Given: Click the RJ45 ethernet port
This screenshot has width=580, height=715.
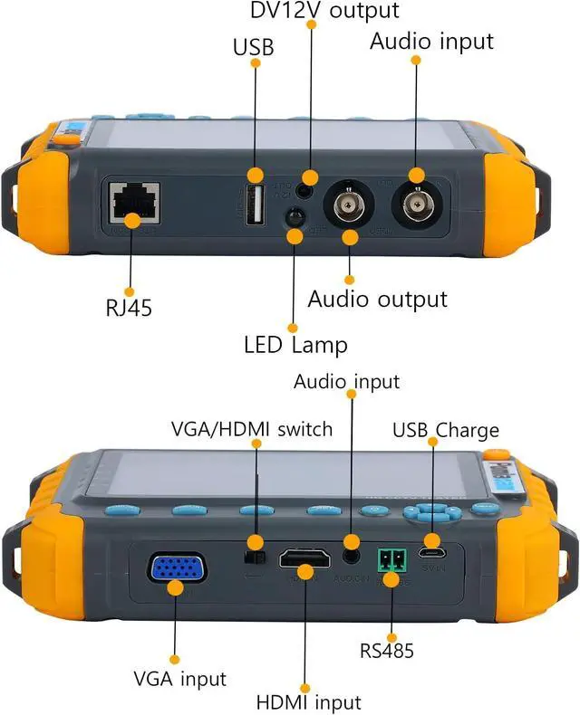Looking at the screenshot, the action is click(134, 203).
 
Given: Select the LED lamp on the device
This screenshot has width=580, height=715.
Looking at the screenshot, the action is click(295, 217).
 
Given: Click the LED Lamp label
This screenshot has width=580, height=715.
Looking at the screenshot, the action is click(295, 345).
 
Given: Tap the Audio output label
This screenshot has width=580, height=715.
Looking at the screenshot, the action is click(377, 299).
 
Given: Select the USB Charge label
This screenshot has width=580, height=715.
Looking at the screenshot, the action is click(445, 429).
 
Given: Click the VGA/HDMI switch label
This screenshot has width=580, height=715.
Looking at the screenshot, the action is click(252, 428).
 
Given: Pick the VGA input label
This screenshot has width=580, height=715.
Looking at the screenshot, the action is click(179, 678).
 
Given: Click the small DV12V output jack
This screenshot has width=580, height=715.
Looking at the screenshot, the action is click(310, 188).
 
